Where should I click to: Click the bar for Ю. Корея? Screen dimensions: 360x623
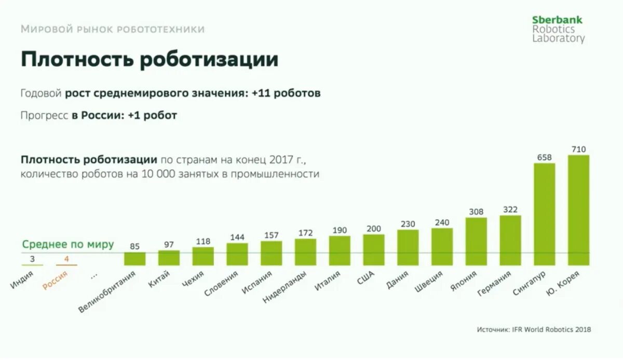[578, 210]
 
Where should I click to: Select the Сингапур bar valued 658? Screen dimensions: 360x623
[544, 214]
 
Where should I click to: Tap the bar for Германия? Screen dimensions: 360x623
[510, 240]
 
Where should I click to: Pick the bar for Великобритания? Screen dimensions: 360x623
[134, 259]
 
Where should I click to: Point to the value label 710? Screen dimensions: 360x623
[578, 149]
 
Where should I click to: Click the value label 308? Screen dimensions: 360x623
[476, 211]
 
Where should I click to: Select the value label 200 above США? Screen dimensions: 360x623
[373, 229]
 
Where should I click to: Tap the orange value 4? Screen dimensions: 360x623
[66, 259]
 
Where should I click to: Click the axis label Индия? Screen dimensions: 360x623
[22, 281]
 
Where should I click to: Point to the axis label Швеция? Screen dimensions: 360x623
[429, 282]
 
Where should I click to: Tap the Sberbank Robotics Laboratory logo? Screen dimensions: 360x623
[558, 29]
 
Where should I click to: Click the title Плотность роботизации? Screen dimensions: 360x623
[150, 60]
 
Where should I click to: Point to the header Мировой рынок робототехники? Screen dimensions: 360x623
[113, 30]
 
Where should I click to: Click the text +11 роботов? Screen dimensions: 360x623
[286, 94]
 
